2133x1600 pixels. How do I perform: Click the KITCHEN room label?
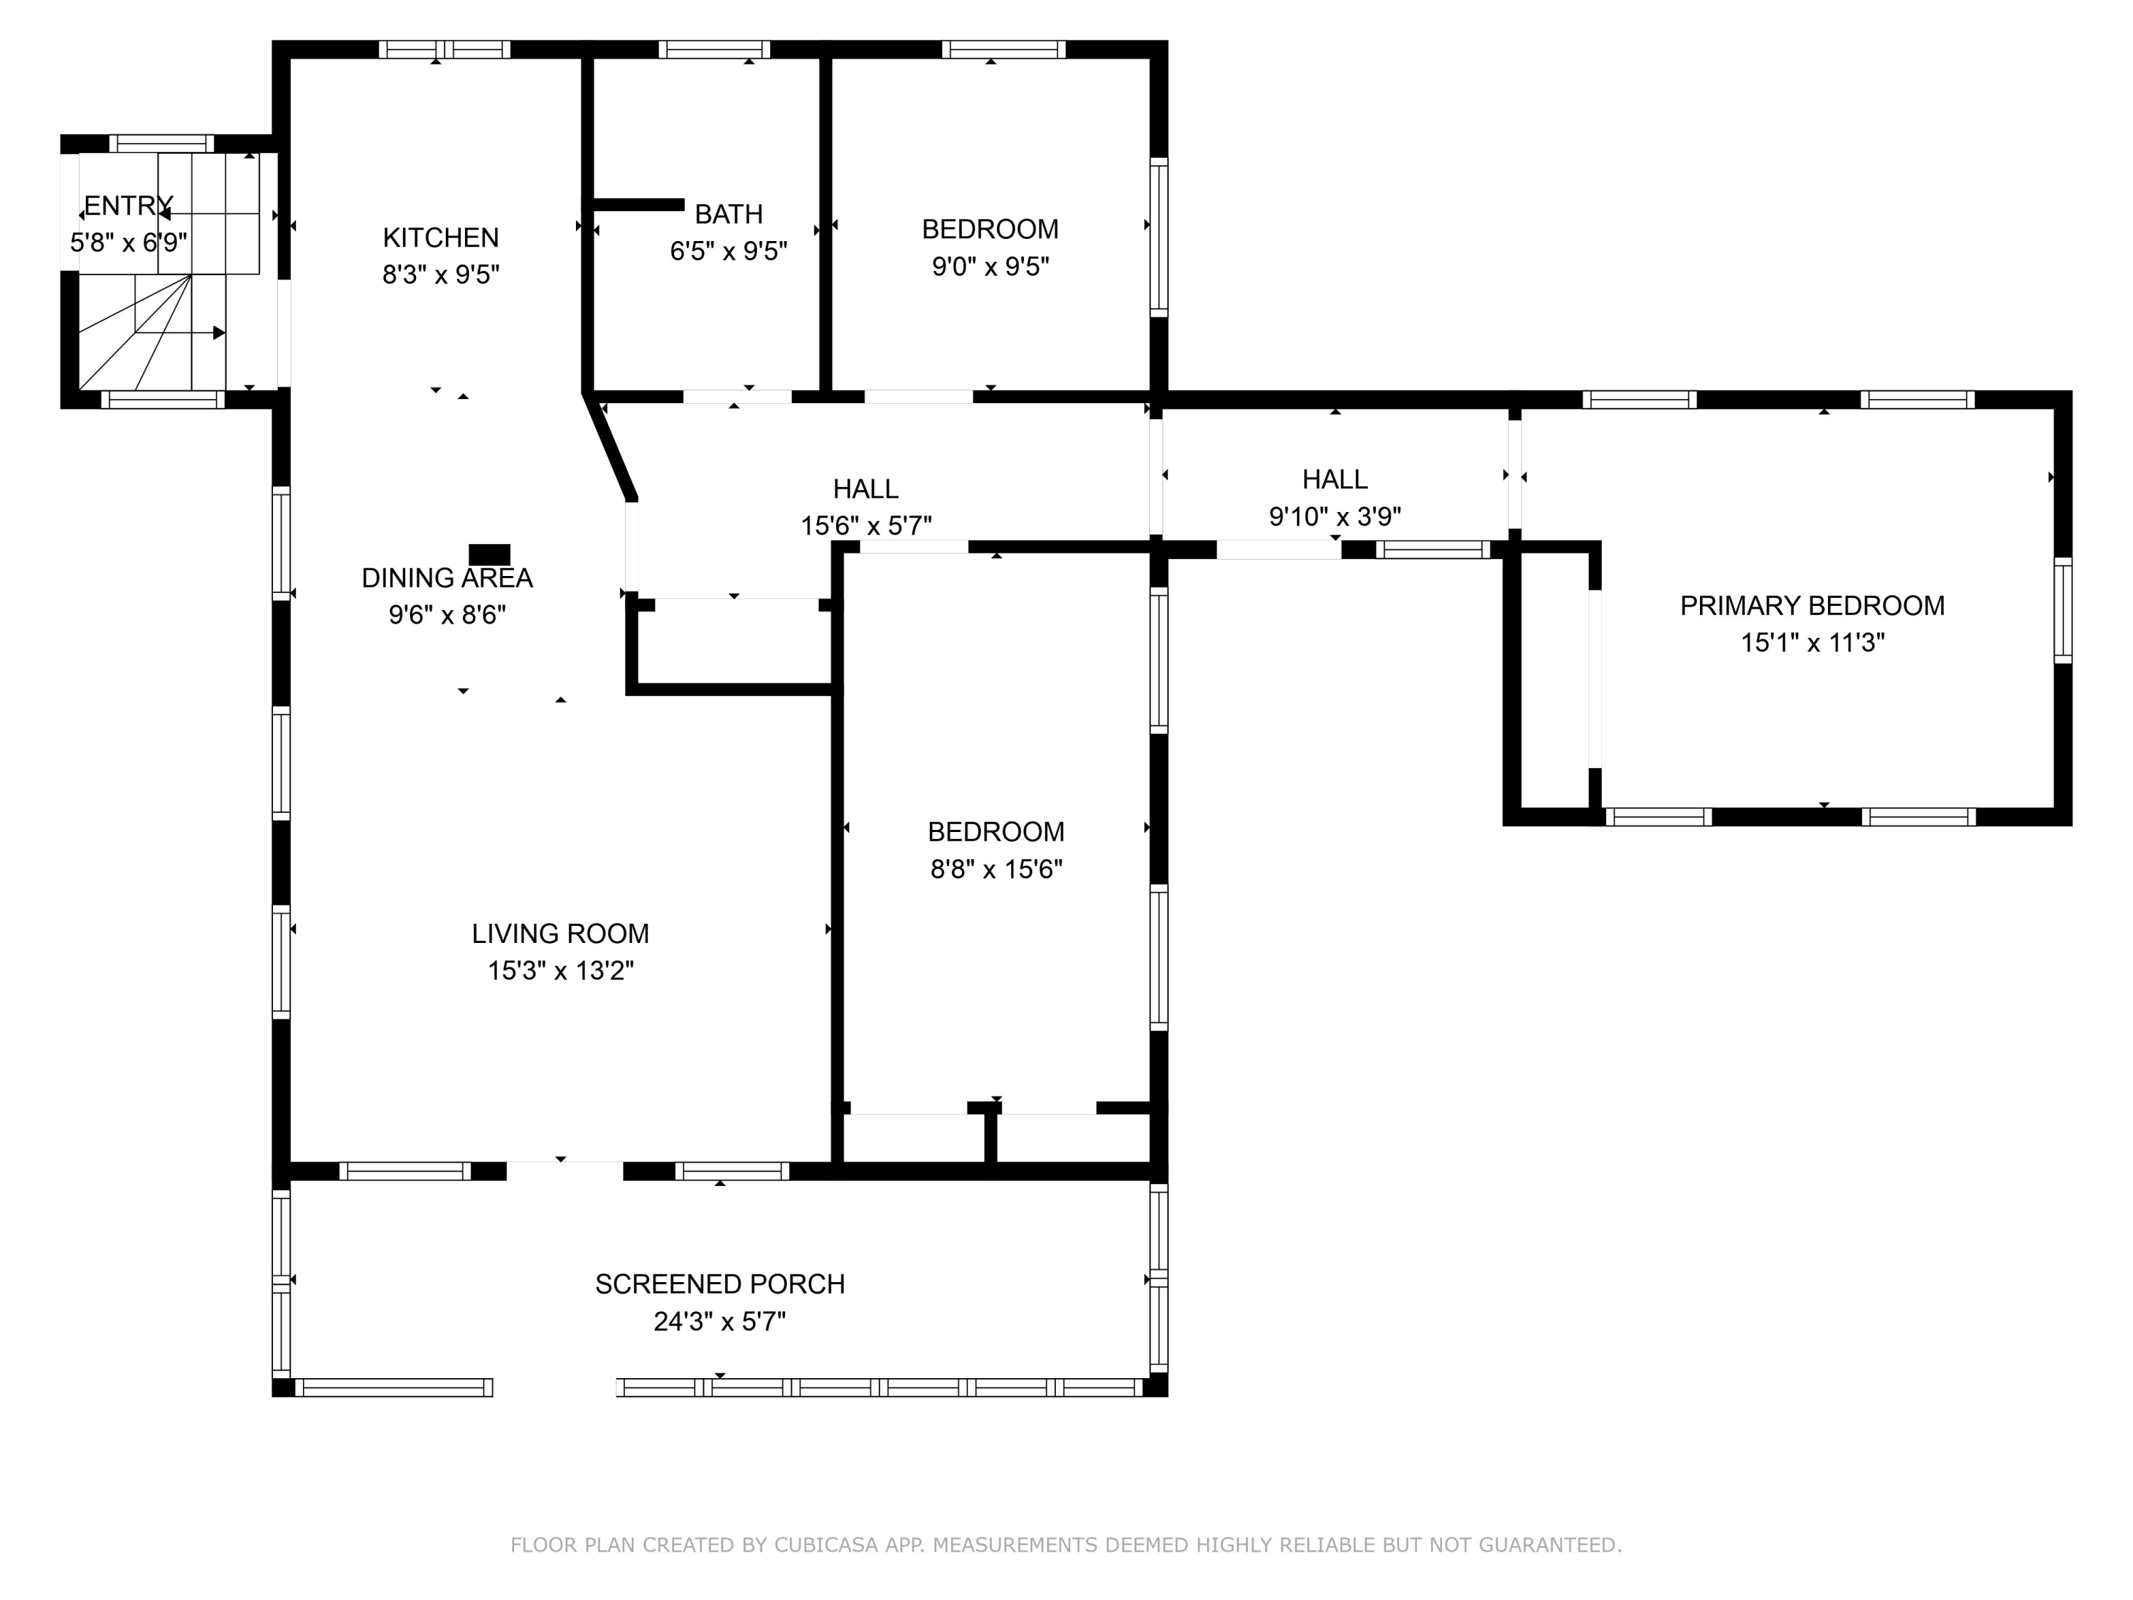441,238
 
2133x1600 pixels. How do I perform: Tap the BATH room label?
729,214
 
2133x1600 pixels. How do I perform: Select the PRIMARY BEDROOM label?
1812,606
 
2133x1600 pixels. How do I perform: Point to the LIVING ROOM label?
560,934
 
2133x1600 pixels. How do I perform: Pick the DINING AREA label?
447,577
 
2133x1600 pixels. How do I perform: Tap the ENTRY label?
128,206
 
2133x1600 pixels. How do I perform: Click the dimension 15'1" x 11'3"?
1812,642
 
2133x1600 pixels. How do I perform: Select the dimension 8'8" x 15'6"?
996,869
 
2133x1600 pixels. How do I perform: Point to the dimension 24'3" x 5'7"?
720,1321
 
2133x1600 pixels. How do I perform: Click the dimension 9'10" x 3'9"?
1335,517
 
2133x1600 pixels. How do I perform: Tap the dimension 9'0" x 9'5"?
990,266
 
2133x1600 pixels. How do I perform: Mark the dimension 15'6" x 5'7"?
866,526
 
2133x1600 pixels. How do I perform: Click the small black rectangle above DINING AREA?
489,555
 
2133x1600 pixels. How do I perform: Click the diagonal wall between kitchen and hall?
609,446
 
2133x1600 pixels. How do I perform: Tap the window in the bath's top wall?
715,49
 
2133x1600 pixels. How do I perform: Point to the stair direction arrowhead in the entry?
219,333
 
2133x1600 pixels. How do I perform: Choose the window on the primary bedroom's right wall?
2063,609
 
